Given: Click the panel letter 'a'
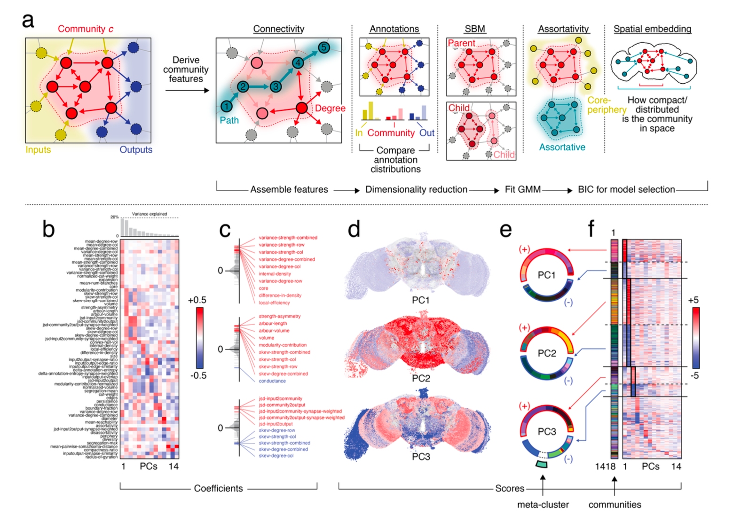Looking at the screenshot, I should (28, 21).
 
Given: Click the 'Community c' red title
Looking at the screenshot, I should (85, 29).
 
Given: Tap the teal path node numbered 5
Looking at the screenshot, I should (323, 47).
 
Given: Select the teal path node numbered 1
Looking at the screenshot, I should (226, 106).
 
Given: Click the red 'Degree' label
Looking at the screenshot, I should (330, 109).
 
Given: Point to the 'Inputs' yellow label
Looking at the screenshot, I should (38, 150).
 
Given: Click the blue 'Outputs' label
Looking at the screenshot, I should (136, 150).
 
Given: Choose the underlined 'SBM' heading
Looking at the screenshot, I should (474, 29).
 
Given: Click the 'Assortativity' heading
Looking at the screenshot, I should (563, 29).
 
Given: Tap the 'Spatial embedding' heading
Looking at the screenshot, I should (652, 29).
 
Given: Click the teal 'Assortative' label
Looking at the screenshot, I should (562, 148).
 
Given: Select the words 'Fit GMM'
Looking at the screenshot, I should (522, 190).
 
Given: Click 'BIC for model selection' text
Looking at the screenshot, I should (626, 190).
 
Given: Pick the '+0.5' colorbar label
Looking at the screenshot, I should (197, 300).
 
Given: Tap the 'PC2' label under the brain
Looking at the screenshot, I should (421, 378).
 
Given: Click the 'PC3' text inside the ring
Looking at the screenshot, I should (546, 432).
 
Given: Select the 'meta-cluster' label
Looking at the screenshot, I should (543, 505).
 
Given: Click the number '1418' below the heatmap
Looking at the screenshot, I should (605, 466).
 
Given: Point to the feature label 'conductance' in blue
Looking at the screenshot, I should (272, 381).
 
